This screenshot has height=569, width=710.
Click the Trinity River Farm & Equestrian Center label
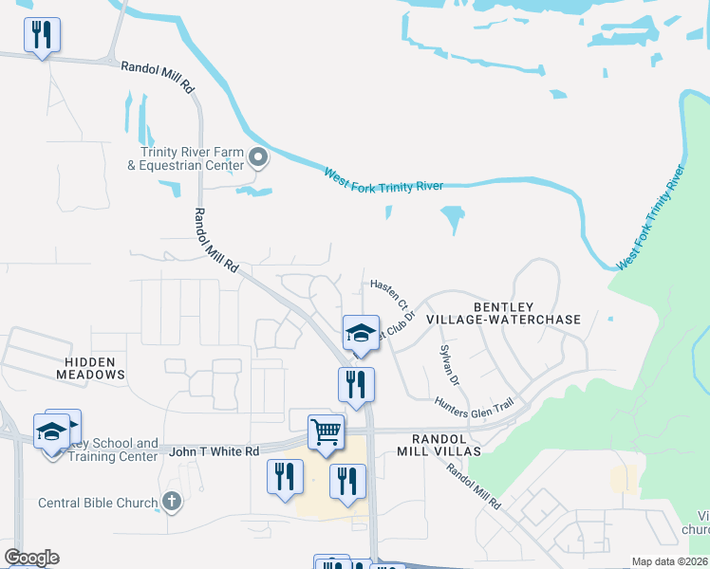pyautogui.click(x=191, y=157)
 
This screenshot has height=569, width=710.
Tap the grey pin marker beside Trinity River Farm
pyautogui.click(x=258, y=157)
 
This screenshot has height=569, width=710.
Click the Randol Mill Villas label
pyautogui.click(x=445, y=445)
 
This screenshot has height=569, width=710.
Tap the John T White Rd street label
pyautogui.click(x=214, y=452)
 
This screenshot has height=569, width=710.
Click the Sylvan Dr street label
pyautogui.click(x=449, y=366)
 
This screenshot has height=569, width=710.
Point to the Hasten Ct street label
pyautogui.click(x=389, y=296)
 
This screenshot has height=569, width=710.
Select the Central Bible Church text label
pyautogui.click(x=97, y=503)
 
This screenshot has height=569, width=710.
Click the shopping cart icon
pyautogui.click(x=326, y=431)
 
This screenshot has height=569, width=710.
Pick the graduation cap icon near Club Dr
pyautogui.click(x=361, y=333)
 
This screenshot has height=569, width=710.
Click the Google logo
pyautogui.click(x=31, y=558)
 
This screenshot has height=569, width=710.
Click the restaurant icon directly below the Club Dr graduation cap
pyautogui.click(x=356, y=385)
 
